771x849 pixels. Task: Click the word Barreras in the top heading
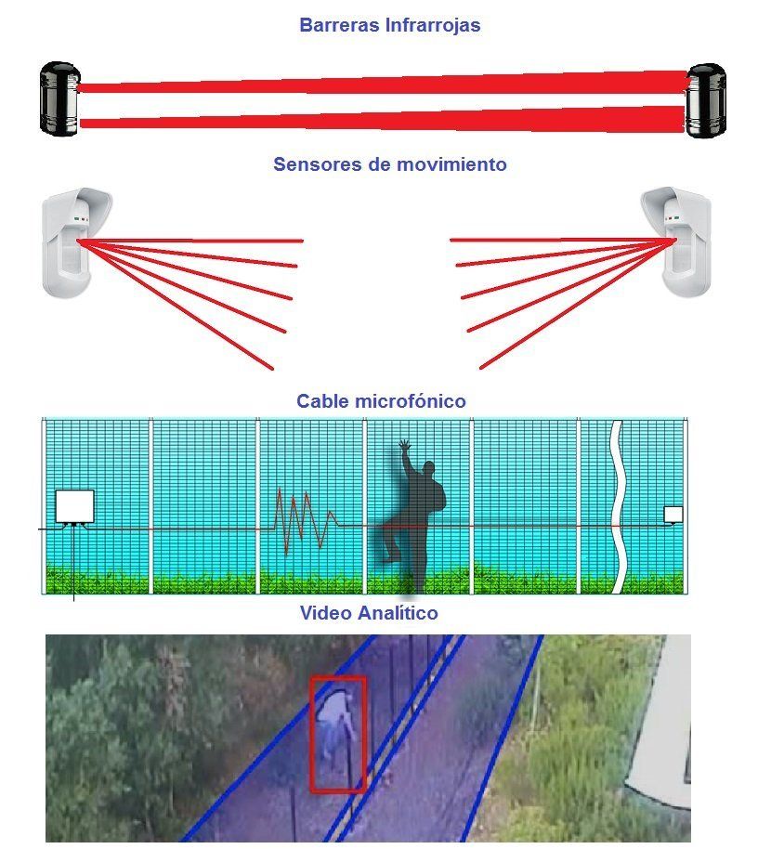338,25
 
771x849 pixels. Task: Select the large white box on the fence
74,506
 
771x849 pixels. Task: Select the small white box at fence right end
673,514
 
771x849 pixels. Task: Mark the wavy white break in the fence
616,506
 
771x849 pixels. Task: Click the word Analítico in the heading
396,613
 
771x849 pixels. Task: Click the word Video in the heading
324,613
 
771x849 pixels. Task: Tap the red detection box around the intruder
338,734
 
